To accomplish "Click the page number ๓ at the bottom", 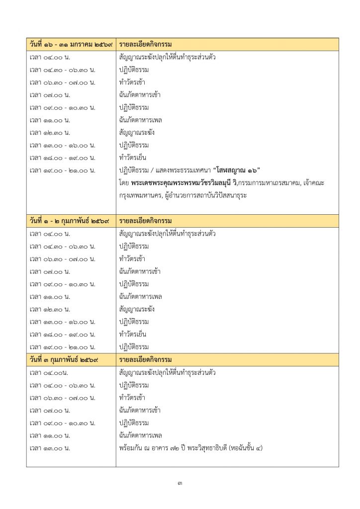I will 180,483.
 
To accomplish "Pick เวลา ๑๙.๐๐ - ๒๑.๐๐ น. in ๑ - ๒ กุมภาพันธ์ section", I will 62,347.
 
